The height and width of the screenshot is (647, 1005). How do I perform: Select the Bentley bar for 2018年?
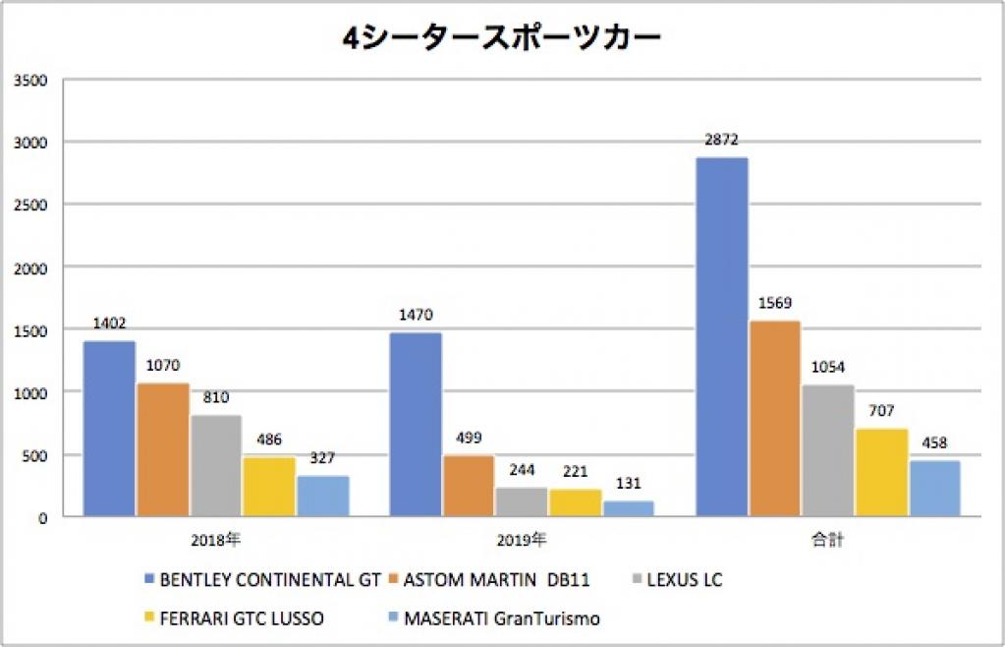[109, 429]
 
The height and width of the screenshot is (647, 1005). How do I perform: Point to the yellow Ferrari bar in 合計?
[881, 473]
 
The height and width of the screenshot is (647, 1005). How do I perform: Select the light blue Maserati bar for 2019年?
[628, 508]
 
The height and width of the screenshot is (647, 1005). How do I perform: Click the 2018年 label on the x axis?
[216, 540]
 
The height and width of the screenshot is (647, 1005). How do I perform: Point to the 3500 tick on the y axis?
[32, 80]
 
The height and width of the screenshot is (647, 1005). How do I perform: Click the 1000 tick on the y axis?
[32, 392]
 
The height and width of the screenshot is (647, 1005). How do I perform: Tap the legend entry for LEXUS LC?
[687, 580]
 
